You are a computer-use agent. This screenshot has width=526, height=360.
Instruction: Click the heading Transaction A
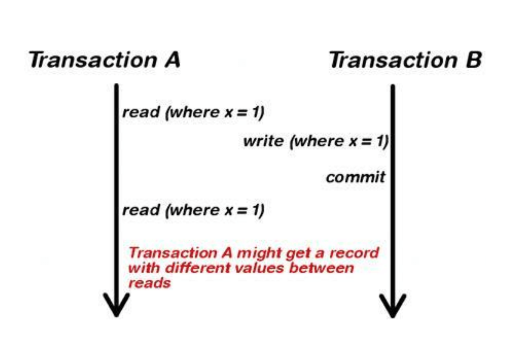click(x=105, y=60)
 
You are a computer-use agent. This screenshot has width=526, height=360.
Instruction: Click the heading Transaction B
click(x=405, y=60)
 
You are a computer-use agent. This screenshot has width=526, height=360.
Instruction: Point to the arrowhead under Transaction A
click(x=116, y=305)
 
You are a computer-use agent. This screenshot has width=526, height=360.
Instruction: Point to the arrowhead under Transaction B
click(x=392, y=305)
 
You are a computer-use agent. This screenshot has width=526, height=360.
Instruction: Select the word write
click(x=263, y=141)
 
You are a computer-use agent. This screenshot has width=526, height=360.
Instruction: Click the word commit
click(x=355, y=177)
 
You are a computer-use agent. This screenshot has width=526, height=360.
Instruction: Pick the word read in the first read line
click(x=140, y=113)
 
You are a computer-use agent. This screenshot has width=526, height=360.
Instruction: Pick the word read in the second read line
click(x=140, y=210)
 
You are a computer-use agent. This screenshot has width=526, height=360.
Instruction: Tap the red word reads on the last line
click(x=149, y=283)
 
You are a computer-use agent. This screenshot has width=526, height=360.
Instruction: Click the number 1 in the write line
click(x=380, y=141)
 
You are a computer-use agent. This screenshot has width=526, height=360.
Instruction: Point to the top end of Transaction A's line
click(x=116, y=85)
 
